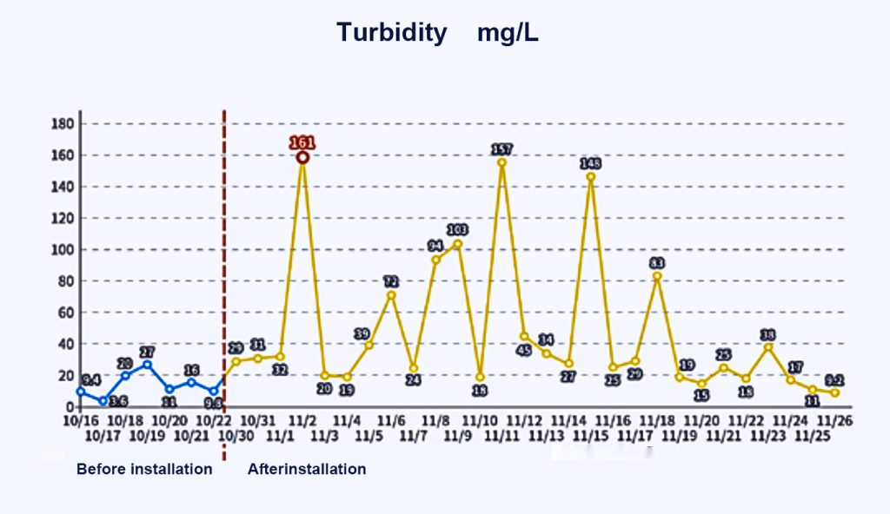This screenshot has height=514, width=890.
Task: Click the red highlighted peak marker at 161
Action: pos(302,157)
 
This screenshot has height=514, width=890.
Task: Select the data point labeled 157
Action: pos(501,162)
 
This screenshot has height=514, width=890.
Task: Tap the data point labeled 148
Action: pos(591,177)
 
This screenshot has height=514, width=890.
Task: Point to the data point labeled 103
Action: pos(458,244)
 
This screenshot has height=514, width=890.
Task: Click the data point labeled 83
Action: pos(657,276)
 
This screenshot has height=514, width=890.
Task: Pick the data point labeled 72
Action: pos(391,295)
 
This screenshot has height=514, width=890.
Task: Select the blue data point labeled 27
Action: pos(147,365)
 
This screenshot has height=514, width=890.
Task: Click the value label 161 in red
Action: pos(302,143)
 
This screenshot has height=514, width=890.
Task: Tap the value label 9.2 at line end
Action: pos(834,380)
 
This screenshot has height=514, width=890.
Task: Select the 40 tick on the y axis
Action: pos(63,345)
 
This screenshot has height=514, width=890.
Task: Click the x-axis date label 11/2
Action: pos(302,420)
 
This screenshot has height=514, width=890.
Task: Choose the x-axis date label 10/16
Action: pos(81,420)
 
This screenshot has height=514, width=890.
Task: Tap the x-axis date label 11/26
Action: pos(834,420)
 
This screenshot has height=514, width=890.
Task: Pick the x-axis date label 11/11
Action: pos(501,434)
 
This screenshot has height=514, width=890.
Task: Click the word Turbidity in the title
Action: pos(392,33)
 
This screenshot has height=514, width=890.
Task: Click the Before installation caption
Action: pos(144,469)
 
